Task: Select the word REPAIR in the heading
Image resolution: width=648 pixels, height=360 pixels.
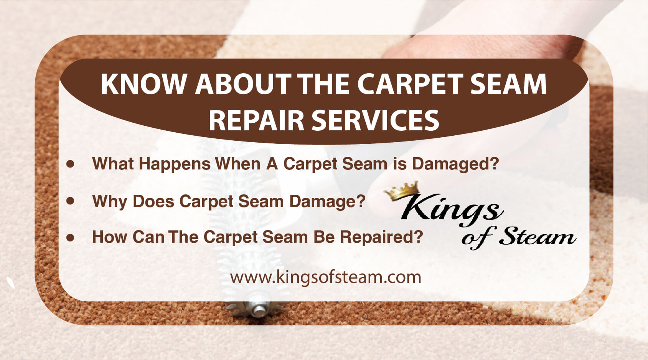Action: tap(256, 120)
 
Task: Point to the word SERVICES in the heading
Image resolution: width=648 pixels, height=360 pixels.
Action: tap(376, 120)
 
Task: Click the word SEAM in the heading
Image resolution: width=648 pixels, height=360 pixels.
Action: tap(508, 84)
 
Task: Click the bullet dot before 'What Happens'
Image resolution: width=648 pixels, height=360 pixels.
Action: tap(70, 164)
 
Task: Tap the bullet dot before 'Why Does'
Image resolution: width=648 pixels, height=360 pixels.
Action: tap(70, 201)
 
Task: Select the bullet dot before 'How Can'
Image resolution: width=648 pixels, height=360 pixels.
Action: tap(70, 237)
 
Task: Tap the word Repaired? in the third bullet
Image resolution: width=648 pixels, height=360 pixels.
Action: tap(382, 237)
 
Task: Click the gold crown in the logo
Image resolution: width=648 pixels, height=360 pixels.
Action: tap(402, 191)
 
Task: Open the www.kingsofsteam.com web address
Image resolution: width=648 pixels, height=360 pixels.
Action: tap(325, 278)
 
